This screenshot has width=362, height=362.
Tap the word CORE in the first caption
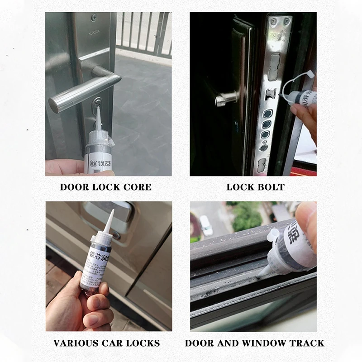(x=138, y=187)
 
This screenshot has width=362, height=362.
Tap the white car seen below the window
(x=206, y=225)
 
